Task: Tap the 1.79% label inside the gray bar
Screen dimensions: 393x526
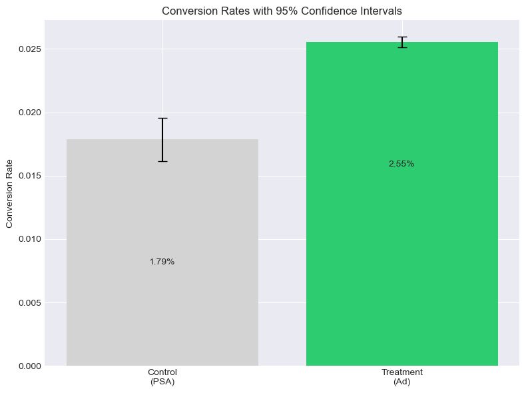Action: [x=162, y=262]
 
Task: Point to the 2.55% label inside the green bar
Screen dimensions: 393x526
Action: [x=401, y=164]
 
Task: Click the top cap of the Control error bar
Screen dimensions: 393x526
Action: [x=162, y=118]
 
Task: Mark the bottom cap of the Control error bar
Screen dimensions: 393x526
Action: [x=162, y=161]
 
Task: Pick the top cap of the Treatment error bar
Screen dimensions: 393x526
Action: [x=402, y=37]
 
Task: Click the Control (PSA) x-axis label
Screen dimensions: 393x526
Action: [x=162, y=376]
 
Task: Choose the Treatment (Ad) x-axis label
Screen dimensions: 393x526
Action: [x=401, y=376]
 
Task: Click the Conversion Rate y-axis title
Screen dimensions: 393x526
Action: [x=10, y=193]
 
